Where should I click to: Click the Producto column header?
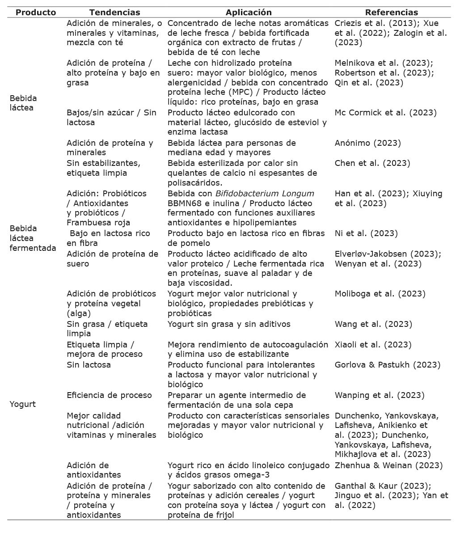(x=36, y=13)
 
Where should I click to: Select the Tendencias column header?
(x=114, y=13)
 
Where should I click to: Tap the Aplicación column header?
(x=249, y=13)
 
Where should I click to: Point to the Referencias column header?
(x=392, y=13)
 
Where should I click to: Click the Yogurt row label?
(x=22, y=404)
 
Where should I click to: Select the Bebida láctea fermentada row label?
(x=33, y=238)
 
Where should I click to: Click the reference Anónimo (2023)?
(x=367, y=143)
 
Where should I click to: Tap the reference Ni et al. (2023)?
(x=366, y=233)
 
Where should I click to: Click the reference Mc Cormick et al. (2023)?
(x=385, y=113)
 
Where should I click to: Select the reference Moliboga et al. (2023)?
(x=380, y=294)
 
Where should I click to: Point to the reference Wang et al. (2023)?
(x=373, y=324)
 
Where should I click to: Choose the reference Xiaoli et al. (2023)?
(x=373, y=345)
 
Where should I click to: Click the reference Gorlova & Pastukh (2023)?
(x=387, y=365)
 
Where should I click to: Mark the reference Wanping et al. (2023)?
(x=380, y=395)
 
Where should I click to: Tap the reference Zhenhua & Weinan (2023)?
(x=388, y=465)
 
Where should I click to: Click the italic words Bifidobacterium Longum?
(x=265, y=194)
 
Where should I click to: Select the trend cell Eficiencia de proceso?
(x=109, y=395)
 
